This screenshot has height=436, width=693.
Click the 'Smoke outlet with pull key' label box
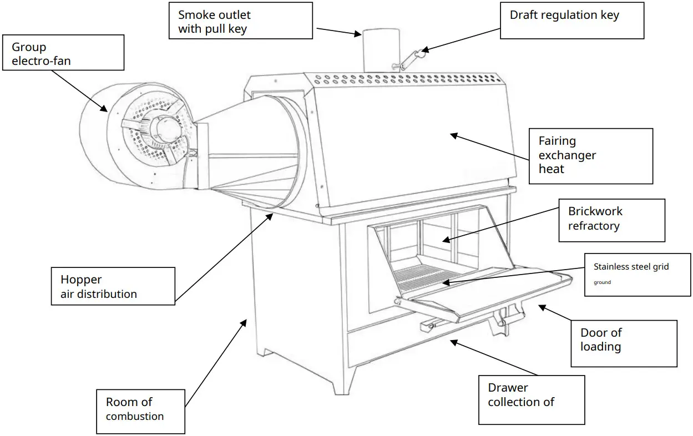[241, 21]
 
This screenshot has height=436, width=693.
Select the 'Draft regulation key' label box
[571, 21]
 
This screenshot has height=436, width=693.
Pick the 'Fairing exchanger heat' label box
[589, 156]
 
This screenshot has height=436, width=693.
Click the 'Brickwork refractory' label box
[611, 220]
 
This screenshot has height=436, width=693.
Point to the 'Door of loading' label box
[623, 343]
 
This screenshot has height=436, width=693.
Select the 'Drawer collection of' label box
[531, 399]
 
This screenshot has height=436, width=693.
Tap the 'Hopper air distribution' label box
[112, 286]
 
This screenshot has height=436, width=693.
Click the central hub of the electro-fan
[166, 129]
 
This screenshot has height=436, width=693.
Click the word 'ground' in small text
[602, 282]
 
